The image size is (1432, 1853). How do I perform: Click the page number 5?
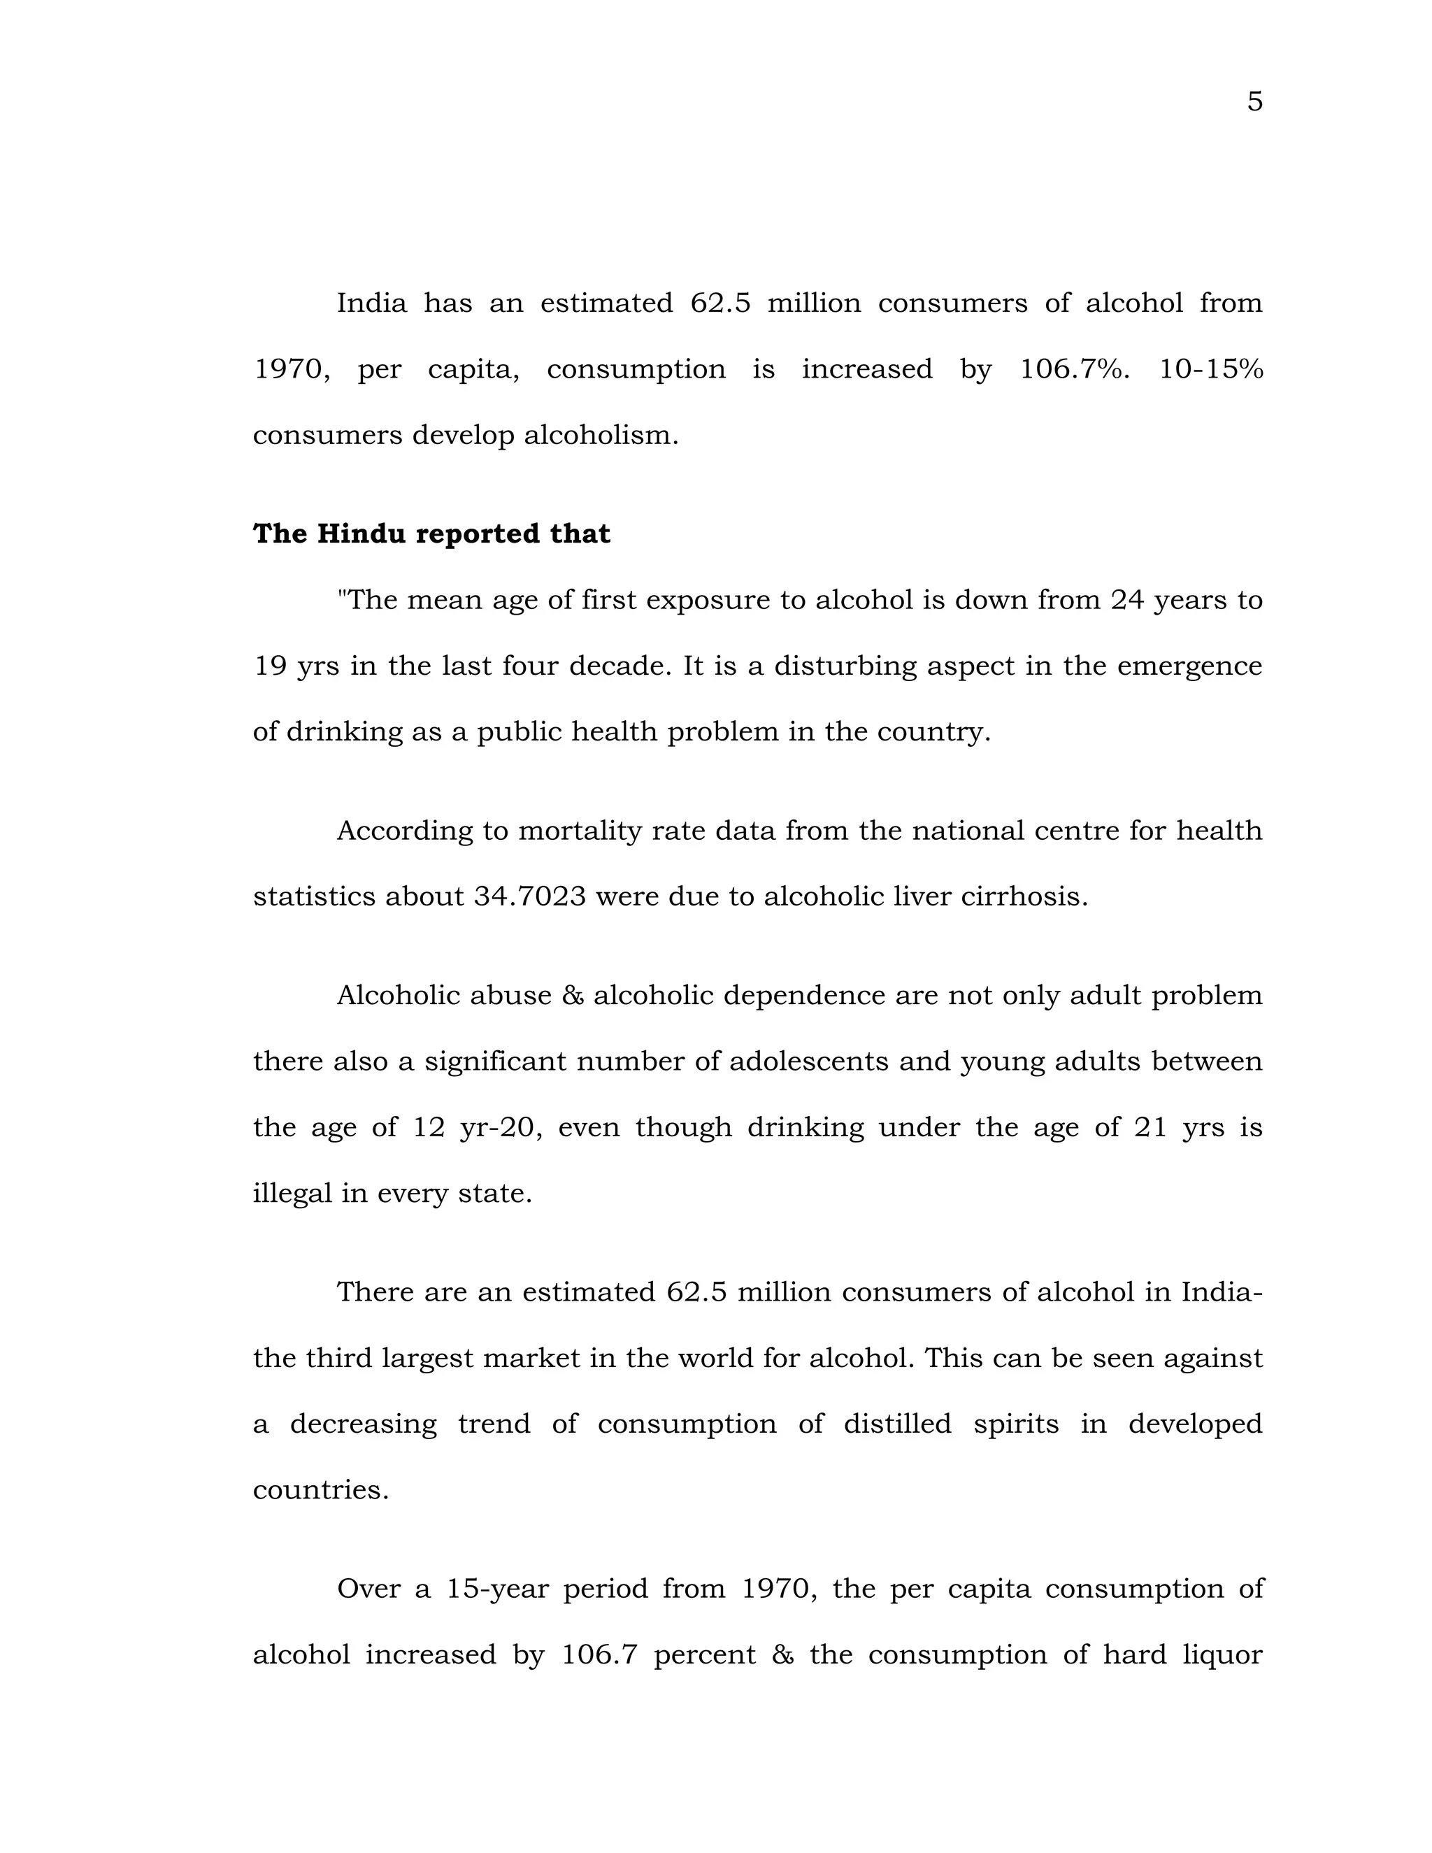[1254, 102]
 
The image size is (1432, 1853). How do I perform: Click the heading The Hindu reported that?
[431, 534]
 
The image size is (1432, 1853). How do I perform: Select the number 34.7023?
[529, 896]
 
